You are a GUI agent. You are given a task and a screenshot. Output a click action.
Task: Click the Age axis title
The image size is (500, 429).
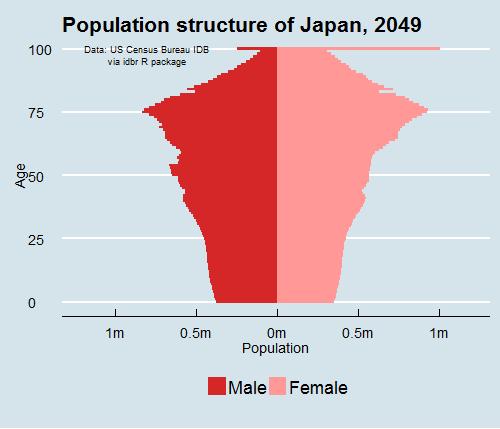coord(21,176)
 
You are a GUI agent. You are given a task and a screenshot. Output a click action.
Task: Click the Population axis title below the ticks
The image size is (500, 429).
coord(276,348)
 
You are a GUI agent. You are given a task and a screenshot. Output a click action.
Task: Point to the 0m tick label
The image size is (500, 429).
coord(277,332)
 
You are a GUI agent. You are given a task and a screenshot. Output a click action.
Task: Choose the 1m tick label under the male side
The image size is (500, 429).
coord(114,332)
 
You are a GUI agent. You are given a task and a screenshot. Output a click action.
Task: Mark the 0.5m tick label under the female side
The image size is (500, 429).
coord(358,332)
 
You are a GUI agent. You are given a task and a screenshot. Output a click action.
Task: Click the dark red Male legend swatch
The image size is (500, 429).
coord(217,387)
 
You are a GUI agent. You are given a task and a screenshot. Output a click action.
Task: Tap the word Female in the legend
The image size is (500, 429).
coord(318,387)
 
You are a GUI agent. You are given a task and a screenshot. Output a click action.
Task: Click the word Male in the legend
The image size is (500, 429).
coord(246,387)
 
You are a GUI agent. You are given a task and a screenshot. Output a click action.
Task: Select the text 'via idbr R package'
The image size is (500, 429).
coord(145,61)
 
